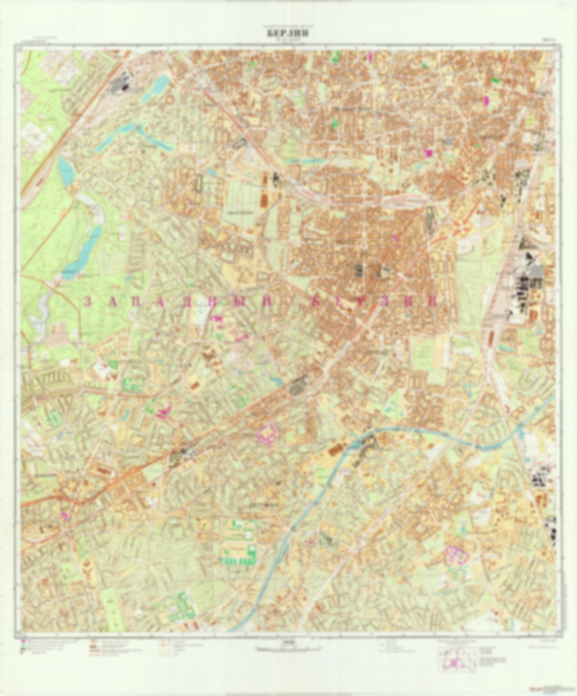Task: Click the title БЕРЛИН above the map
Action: (288, 34)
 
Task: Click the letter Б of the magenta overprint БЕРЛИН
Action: (315, 302)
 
